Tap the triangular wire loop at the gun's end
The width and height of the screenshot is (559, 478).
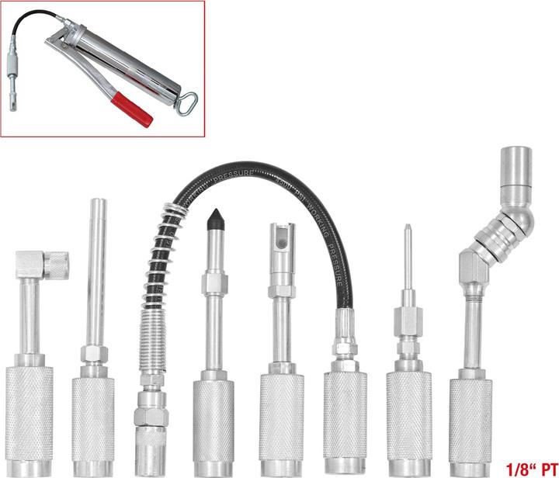coord(185,101)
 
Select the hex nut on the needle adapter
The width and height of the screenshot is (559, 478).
coord(405,318)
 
